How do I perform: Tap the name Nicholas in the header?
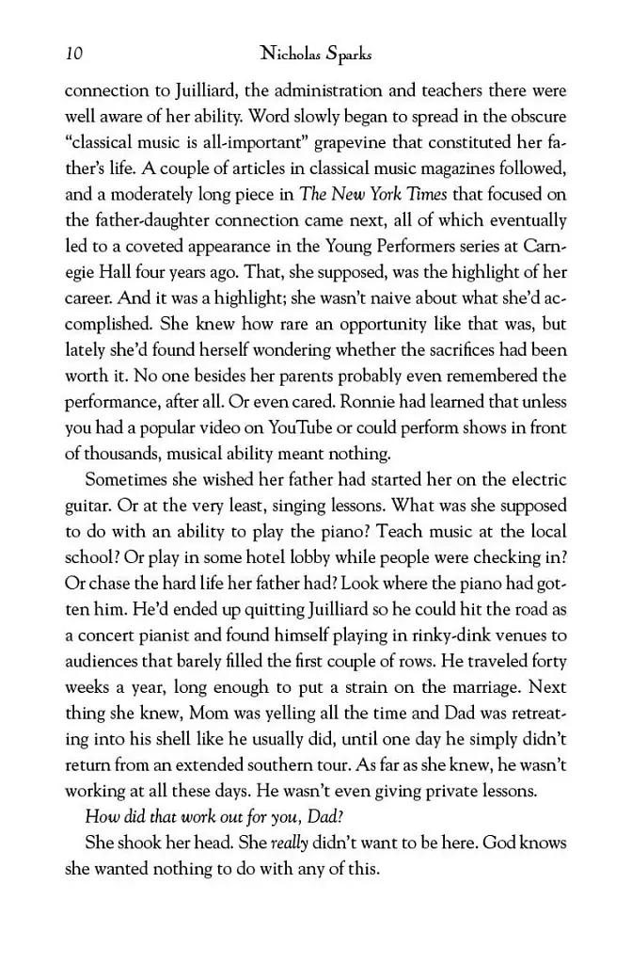(x=287, y=55)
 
